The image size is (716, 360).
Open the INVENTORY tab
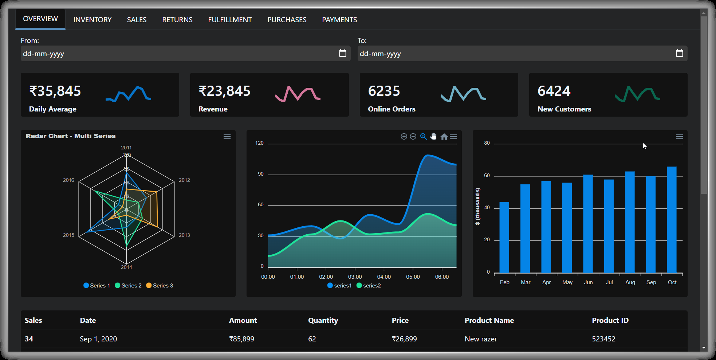click(x=92, y=20)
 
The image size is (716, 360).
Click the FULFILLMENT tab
click(x=230, y=20)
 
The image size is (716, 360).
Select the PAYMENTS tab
click(x=339, y=20)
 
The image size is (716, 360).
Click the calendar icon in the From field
click(x=342, y=53)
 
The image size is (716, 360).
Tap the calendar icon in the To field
click(x=679, y=53)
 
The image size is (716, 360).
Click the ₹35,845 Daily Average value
click(x=55, y=91)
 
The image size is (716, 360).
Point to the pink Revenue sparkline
click(x=297, y=94)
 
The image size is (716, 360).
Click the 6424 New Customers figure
click(x=554, y=91)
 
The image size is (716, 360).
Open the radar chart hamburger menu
click(x=227, y=137)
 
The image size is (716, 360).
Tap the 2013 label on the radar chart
click(x=184, y=235)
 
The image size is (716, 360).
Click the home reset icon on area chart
click(x=444, y=137)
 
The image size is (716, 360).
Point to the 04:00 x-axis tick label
click(x=384, y=277)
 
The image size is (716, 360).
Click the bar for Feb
click(x=504, y=237)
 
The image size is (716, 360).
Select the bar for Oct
click(x=672, y=219)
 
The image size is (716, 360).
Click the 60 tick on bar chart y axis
click(x=487, y=175)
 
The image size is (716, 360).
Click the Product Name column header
click(x=489, y=320)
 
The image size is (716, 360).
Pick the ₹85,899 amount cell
click(x=242, y=339)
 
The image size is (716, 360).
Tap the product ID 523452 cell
click(x=603, y=339)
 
